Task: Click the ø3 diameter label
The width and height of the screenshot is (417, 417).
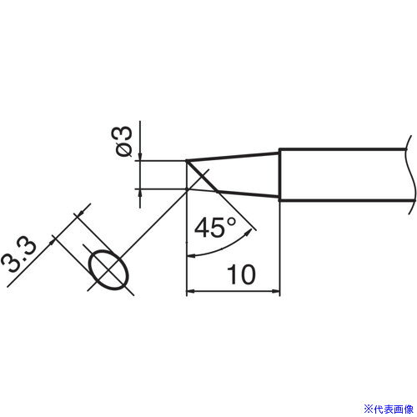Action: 121,142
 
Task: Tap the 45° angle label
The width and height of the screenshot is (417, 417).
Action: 215,228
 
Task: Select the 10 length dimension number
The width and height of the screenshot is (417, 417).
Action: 241,274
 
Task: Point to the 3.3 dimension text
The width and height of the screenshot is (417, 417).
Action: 18,256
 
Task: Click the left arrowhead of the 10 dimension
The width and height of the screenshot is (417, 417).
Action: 190,291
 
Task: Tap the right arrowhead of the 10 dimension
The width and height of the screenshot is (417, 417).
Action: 275,291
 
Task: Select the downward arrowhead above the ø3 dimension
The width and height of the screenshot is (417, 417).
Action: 139,157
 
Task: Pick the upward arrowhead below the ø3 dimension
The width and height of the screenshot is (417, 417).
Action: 139,193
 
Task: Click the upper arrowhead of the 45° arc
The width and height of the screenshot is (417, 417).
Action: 248,233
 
